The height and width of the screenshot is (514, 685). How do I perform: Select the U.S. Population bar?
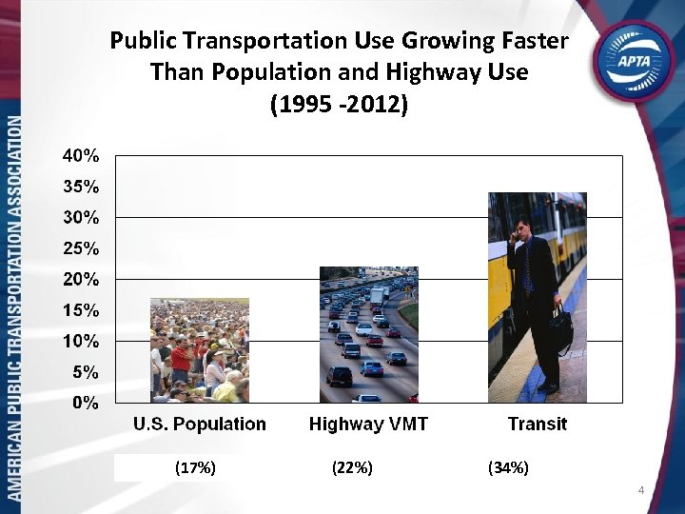(199, 350)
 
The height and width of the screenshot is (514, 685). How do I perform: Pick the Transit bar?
(537, 297)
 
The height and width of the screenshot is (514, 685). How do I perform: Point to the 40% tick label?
(81, 155)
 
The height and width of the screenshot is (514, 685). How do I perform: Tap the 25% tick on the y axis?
(81, 248)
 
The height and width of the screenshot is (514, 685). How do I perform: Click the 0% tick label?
(86, 403)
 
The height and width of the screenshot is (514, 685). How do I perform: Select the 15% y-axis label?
(81, 310)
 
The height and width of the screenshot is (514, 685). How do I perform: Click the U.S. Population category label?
(199, 425)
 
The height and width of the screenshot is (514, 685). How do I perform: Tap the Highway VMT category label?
(368, 425)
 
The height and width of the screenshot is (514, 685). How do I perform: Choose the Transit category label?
(537, 425)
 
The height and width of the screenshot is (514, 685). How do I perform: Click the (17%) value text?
(196, 467)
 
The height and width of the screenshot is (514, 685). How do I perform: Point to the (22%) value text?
(352, 467)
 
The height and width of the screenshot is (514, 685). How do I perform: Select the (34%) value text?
(508, 467)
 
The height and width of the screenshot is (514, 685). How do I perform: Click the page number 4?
(641, 490)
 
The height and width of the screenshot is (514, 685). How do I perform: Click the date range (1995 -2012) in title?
(339, 104)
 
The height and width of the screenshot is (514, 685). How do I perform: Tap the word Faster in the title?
(529, 41)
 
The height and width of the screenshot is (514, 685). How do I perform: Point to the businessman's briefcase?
(561, 327)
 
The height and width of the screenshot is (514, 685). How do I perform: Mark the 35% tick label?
(81, 187)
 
